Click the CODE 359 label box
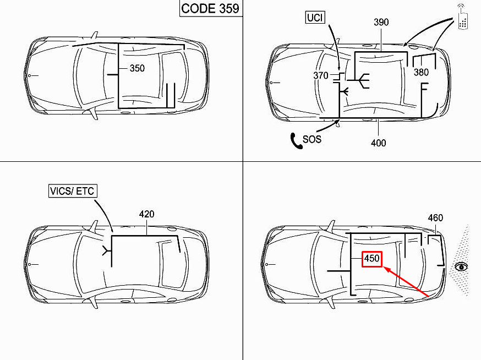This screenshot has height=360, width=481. pos(210,9)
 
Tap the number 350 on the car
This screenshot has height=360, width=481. pos(137,69)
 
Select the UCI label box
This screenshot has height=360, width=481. pos(315,18)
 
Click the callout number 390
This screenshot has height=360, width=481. pos(381,23)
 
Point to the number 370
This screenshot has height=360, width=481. pos(321,75)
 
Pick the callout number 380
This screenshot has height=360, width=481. pos(421,72)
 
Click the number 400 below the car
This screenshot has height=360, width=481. pos(378,143)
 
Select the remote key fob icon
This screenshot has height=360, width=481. pos(463,20)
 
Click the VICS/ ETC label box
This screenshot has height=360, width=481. pos(72,191)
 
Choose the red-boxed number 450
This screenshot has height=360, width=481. pos(372,258)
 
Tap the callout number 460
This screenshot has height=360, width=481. pos(435,218)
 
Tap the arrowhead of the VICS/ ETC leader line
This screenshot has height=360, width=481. pos(112,231)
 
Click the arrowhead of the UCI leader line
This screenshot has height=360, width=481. pos(338,69)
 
